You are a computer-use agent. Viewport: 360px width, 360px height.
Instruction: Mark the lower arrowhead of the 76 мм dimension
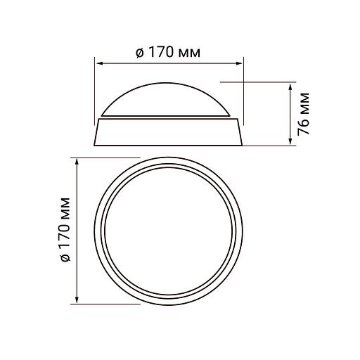(291, 144)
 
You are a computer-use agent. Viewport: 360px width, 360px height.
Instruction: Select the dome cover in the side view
(169, 98)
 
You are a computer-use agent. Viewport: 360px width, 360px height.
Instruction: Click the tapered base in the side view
(169, 131)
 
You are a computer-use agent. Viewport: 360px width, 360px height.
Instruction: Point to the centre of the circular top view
(169, 231)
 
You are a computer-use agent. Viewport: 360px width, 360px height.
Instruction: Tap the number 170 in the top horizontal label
(159, 52)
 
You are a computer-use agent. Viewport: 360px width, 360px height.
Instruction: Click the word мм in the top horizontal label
(188, 53)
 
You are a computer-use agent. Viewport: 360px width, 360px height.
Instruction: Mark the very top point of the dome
(169, 79)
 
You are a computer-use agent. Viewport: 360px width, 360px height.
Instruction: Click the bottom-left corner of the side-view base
(94, 146)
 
